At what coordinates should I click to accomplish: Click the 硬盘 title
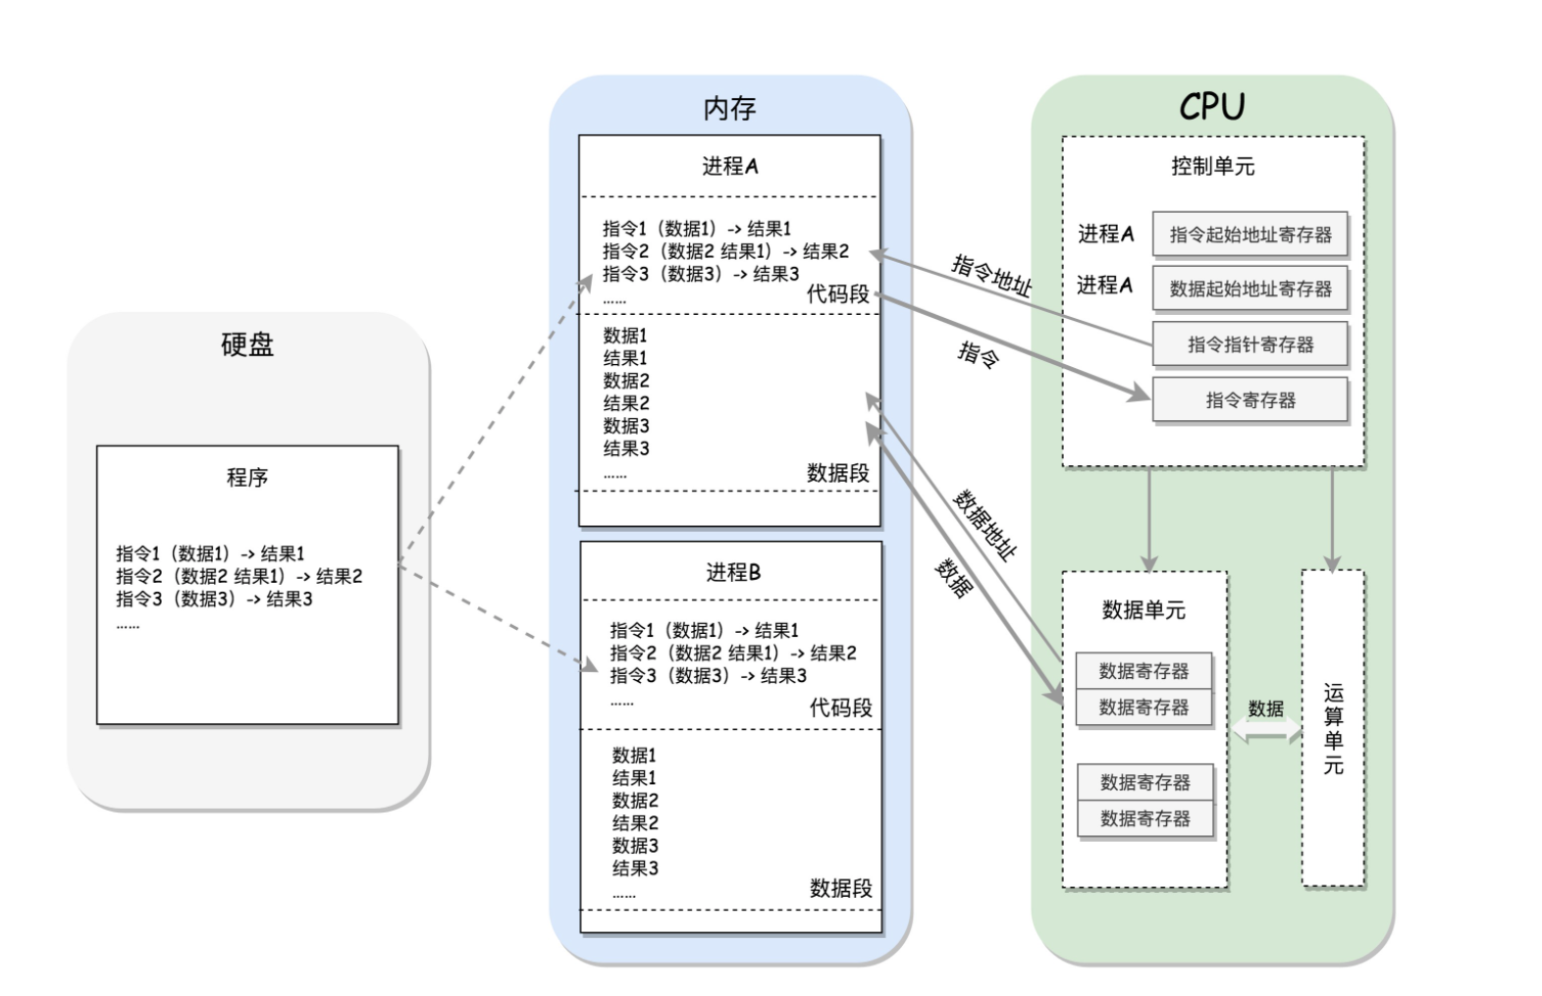(x=247, y=344)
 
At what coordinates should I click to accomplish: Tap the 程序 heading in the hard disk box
(x=247, y=478)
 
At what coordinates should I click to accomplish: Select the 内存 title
(x=729, y=108)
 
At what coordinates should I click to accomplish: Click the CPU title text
(x=1211, y=106)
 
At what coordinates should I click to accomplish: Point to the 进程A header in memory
(x=729, y=166)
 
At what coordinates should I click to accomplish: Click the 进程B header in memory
(x=732, y=572)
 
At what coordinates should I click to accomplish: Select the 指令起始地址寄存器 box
(x=1250, y=235)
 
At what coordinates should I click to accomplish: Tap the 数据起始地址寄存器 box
(x=1250, y=288)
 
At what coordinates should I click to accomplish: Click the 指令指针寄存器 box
(x=1250, y=344)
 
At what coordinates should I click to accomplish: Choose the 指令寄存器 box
(x=1250, y=399)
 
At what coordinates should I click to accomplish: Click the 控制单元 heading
(x=1212, y=166)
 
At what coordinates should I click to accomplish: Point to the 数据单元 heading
(x=1143, y=610)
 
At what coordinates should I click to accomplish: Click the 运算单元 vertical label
(x=1333, y=728)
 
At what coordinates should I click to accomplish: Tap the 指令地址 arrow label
(x=992, y=276)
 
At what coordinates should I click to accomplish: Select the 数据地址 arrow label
(x=985, y=525)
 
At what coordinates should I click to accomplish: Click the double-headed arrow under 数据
(x=1265, y=731)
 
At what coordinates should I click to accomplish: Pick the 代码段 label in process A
(x=837, y=293)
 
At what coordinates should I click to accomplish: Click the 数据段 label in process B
(x=840, y=888)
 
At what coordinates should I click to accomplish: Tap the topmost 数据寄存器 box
(x=1143, y=671)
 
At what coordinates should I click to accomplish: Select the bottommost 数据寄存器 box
(x=1144, y=818)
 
